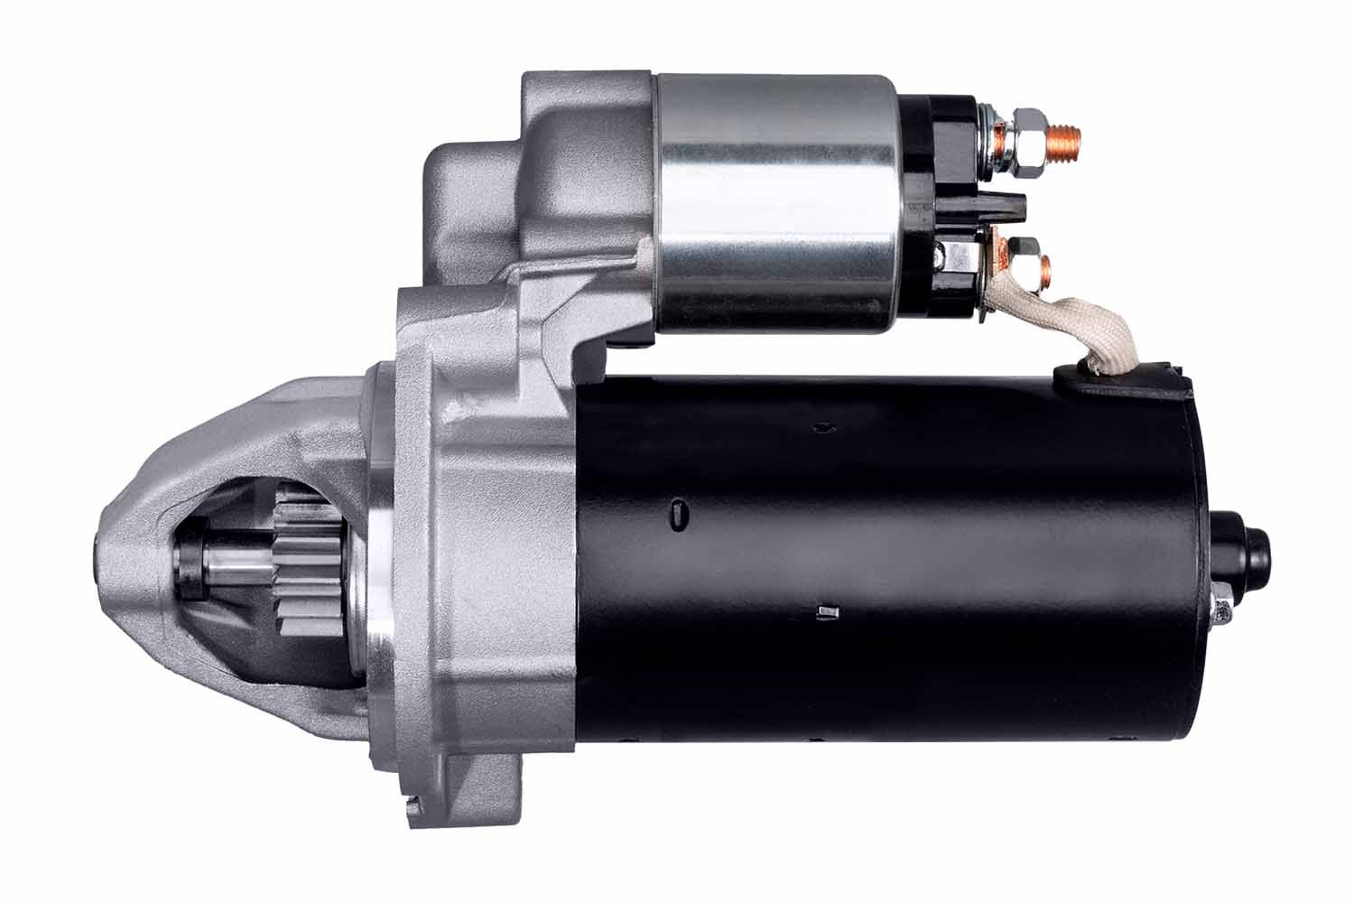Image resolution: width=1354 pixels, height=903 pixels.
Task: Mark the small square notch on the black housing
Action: (x=822, y=614)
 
